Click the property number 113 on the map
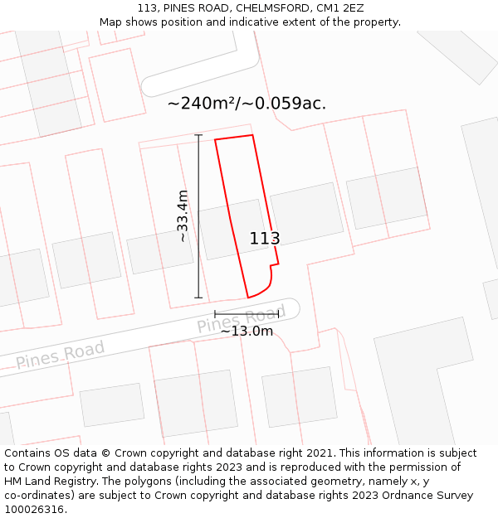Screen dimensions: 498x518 pyautogui.click(x=265, y=239)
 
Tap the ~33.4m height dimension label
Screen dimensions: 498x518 pyautogui.click(x=183, y=216)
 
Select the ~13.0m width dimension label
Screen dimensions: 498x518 pyautogui.click(x=247, y=332)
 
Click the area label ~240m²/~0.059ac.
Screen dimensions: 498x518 pyautogui.click(x=247, y=104)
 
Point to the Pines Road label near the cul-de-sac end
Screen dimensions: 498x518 pyautogui.click(x=241, y=319)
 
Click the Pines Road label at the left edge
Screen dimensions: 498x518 pyautogui.click(x=60, y=355)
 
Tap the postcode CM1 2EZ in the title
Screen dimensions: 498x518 pyautogui.click(x=340, y=8)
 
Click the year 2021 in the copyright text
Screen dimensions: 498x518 pyautogui.click(x=319, y=453)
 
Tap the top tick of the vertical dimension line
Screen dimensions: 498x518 pyautogui.click(x=198, y=135)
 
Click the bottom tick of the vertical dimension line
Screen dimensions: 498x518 pyautogui.click(x=198, y=298)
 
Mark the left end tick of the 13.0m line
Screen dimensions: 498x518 pyautogui.click(x=215, y=314)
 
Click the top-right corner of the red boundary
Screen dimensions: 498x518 pyautogui.click(x=252, y=135)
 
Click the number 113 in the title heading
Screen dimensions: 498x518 pyautogui.click(x=148, y=8)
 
